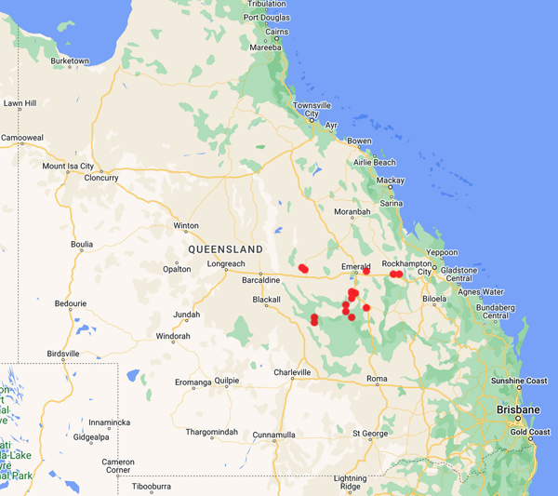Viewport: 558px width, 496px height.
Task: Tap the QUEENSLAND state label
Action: point(225,249)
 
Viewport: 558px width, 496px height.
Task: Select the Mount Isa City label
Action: point(68,167)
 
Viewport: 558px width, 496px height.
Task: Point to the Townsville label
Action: point(312,106)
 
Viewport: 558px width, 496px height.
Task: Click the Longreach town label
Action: point(226,264)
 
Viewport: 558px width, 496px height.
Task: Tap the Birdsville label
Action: point(63,354)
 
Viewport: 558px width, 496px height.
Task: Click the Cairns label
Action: point(276,32)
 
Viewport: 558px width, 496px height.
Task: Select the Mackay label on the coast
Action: point(391,181)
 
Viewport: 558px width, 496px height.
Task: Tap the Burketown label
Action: point(70,61)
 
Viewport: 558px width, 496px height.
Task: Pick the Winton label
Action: point(186,225)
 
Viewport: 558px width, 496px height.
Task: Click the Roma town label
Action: point(377,379)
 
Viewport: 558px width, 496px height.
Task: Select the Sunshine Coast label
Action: point(520,382)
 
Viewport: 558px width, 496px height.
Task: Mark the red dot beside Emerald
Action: point(366,272)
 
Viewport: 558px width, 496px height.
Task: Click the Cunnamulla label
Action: point(273,434)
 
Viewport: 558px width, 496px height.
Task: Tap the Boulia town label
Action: point(82,244)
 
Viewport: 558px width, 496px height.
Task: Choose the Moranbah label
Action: point(352,212)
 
